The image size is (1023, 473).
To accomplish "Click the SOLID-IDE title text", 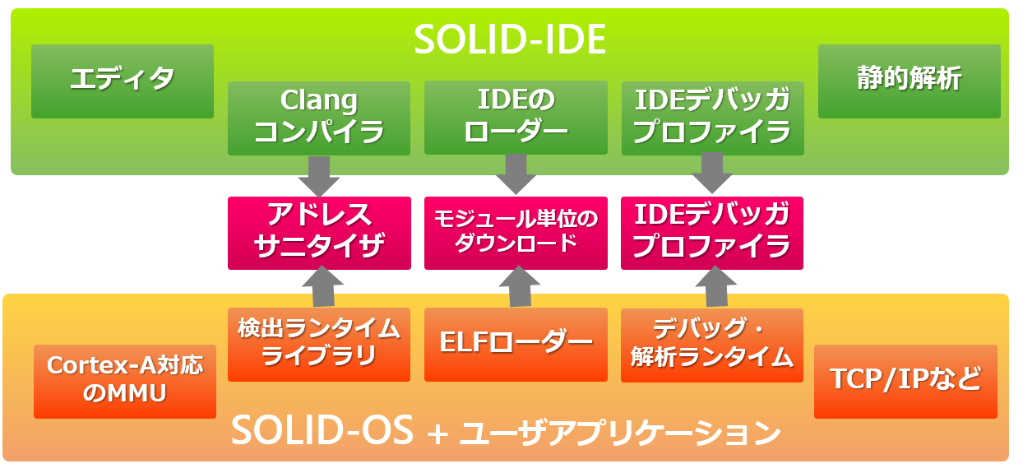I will pos(510,39).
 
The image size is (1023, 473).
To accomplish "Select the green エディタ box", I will pos(123,81).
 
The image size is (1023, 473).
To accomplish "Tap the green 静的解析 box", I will pos(909,81).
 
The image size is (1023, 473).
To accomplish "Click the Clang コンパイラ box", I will pos(319,118).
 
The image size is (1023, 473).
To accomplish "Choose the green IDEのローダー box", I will pos(516,117).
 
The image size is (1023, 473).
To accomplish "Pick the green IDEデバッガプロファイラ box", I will pos(713,118).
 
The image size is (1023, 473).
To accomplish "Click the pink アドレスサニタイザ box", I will pos(319,233).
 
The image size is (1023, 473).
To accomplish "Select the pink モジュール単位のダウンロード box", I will pos(516,233).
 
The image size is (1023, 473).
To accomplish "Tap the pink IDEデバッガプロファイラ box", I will pos(712,233).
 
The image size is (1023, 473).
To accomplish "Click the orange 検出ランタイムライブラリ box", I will pos(319,344).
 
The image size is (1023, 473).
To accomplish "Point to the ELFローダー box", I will pos(516,344).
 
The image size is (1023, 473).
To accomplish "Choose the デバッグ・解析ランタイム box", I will pos(712,345).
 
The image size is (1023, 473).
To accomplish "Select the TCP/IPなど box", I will pos(905,381).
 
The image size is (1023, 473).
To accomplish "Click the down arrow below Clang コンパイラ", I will pos(319,175).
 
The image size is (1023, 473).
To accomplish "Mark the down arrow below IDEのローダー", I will pos(516,174).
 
